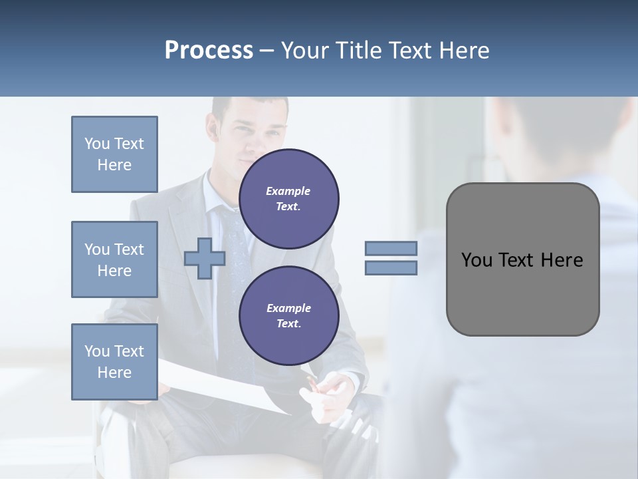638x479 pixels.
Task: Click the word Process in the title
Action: click(209, 51)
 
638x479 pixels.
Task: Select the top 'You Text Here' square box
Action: click(114, 154)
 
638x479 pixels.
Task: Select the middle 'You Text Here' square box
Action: click(114, 259)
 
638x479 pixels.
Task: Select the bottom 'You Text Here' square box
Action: click(114, 362)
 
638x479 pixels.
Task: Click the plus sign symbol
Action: click(204, 259)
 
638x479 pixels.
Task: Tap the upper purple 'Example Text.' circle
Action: click(288, 199)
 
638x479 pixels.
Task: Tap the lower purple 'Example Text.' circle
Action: click(288, 316)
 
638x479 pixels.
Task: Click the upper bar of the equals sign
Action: click(391, 248)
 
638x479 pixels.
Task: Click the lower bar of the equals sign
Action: click(391, 268)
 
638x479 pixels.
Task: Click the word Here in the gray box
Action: click(562, 260)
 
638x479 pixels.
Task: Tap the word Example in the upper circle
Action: click(288, 191)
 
